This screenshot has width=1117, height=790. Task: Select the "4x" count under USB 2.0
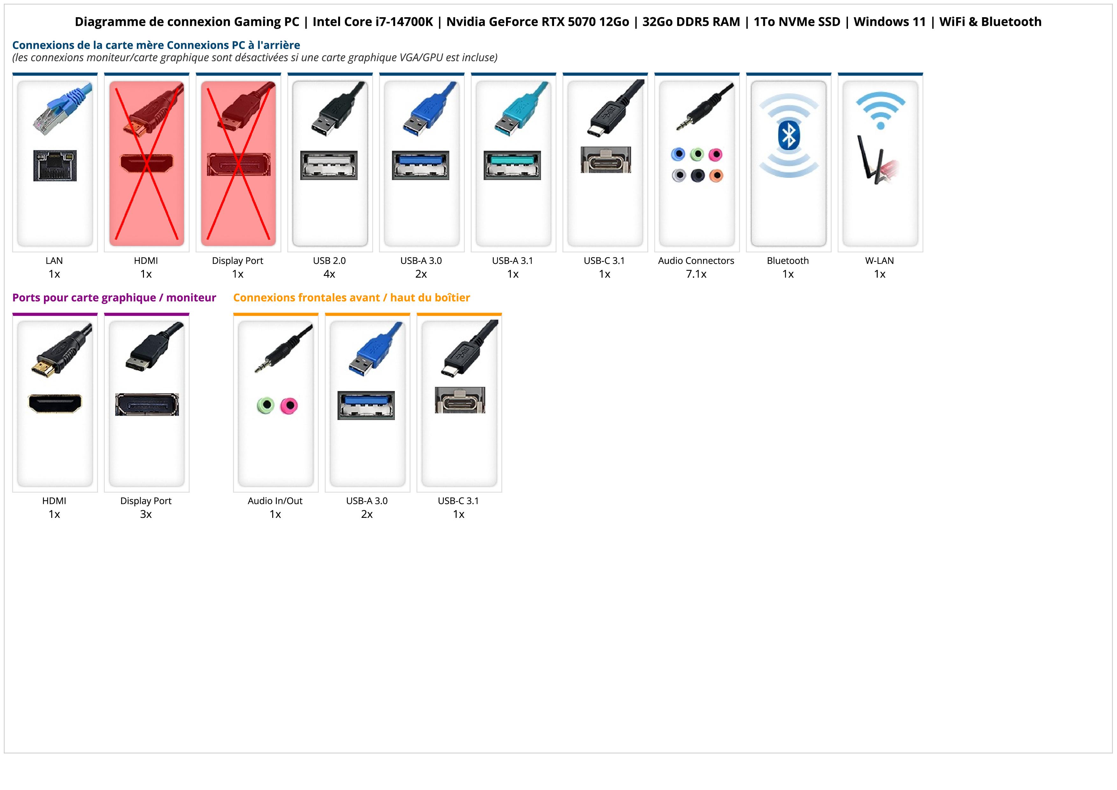[x=329, y=274]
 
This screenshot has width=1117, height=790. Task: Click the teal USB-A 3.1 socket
[x=512, y=165]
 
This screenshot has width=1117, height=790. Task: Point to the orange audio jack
[x=716, y=175]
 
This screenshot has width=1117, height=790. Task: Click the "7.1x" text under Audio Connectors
[x=696, y=274]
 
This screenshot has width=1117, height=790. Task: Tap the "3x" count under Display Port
[x=146, y=514]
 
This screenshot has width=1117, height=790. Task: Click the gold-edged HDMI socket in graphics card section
[x=55, y=403]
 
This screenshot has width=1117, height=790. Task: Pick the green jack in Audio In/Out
[x=266, y=405]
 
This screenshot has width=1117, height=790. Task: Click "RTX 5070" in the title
[x=585, y=22]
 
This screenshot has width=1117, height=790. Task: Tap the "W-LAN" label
[x=879, y=260]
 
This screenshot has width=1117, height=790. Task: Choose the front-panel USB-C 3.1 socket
[x=460, y=400]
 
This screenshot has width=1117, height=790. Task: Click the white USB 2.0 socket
[x=329, y=165]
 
